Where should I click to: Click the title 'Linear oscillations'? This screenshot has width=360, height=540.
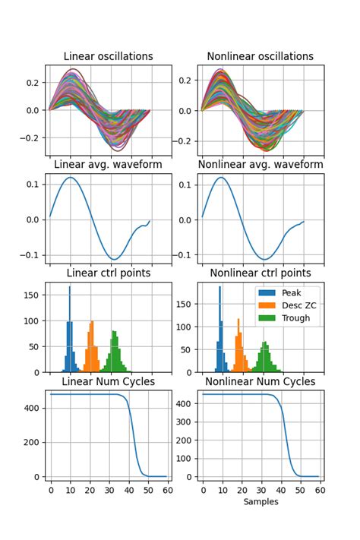pos(108,56)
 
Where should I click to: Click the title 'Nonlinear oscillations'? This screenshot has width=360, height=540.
pos(260,56)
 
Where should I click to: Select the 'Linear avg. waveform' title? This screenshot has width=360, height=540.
pos(108,165)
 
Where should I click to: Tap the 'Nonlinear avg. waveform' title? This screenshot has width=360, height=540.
pos(260,165)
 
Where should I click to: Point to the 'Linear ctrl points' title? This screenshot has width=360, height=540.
pos(108,273)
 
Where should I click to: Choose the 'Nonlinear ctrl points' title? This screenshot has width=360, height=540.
pos(260,273)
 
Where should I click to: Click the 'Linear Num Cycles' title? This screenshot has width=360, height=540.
pos(108,381)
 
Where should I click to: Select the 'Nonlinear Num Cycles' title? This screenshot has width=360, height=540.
pos(260,381)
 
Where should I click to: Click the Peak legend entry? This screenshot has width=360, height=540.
pos(285,292)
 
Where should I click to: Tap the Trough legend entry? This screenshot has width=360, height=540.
pos(289,318)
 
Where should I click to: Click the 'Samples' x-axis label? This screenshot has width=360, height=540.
pos(260,502)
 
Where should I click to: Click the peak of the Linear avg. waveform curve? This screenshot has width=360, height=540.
pos(70,178)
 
